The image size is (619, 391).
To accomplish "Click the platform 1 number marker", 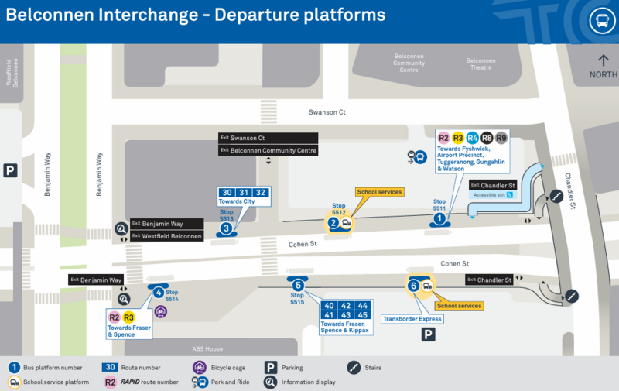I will pos(439,219).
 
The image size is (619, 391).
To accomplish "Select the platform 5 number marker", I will pos(298,286).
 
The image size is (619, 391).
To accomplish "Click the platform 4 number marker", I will pos(158,292).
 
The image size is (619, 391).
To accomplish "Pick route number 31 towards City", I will pos(244,193).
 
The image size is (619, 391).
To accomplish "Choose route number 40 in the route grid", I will pos(329,306).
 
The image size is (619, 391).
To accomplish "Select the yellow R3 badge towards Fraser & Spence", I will pos(128,317).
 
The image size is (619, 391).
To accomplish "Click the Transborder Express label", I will pos(412,319).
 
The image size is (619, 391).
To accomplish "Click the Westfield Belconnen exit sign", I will pos(166,235).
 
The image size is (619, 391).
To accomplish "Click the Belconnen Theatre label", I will pos(480,64).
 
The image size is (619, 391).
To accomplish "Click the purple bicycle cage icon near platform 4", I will pos(161,311).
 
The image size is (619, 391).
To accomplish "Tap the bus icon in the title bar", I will pos(600,21).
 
